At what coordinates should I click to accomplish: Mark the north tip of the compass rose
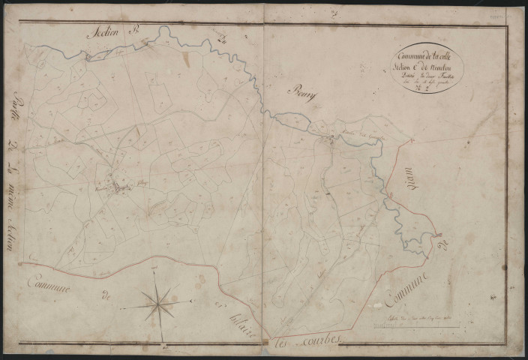(x=157, y=272)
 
